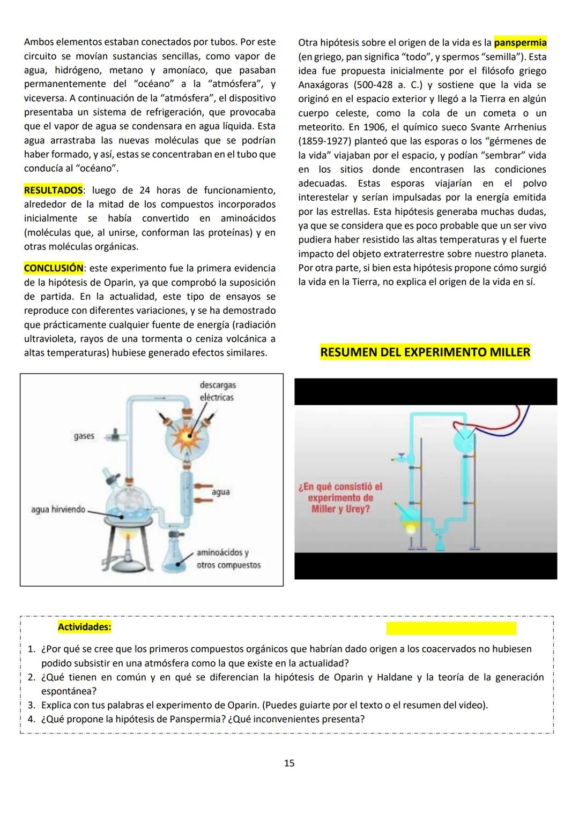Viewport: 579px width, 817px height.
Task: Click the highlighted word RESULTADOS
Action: click(53, 190)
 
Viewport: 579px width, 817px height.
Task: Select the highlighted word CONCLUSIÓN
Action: click(54, 268)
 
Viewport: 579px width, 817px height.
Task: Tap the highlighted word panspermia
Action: click(519, 42)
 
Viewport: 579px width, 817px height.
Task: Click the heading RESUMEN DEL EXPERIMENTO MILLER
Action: click(425, 352)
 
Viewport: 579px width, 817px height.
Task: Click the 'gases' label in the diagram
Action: click(84, 436)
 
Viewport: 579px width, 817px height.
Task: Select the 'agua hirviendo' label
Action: click(58, 509)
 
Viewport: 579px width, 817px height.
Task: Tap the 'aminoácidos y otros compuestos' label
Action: click(228, 558)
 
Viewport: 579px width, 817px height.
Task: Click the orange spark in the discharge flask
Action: click(188, 435)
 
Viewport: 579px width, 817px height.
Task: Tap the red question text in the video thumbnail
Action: click(340, 497)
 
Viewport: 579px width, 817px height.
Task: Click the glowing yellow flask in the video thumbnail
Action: click(411, 527)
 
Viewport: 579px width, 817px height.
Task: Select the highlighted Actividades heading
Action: click(84, 626)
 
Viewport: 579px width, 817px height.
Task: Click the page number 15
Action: click(289, 763)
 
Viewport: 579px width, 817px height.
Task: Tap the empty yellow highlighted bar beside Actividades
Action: click(451, 628)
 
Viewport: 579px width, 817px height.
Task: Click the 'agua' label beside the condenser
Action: click(221, 491)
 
